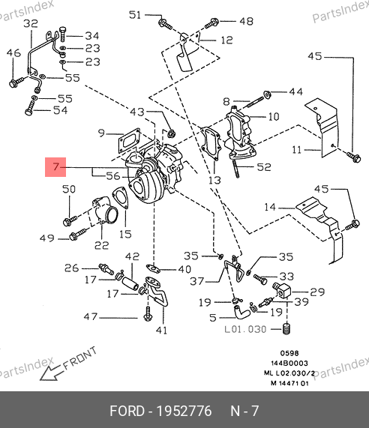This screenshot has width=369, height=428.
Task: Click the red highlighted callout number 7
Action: click(x=55, y=166)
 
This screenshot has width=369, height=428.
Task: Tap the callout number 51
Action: click(x=135, y=15)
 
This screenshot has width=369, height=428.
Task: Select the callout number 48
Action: click(x=246, y=21)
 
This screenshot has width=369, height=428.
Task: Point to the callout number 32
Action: click(x=31, y=23)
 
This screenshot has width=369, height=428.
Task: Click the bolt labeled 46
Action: click(x=16, y=82)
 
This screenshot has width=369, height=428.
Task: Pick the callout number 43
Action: click(x=137, y=112)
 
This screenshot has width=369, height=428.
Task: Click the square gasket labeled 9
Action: click(x=129, y=141)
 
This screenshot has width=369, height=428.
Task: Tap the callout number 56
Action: click(x=113, y=176)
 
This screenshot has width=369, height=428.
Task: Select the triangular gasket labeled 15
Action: click(x=121, y=198)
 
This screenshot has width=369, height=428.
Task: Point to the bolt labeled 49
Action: click(x=78, y=235)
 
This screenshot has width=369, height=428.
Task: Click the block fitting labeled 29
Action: click(x=282, y=290)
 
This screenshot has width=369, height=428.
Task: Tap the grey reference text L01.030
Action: click(x=245, y=329)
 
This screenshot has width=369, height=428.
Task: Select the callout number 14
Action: click(x=270, y=207)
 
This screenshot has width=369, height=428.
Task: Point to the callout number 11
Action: click(x=296, y=150)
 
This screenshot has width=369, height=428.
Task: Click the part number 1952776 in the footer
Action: click(x=184, y=411)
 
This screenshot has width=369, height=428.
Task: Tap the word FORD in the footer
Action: click(x=127, y=411)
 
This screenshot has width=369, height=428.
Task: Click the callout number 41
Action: click(x=161, y=331)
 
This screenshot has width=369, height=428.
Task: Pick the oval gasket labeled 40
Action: click(x=153, y=268)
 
